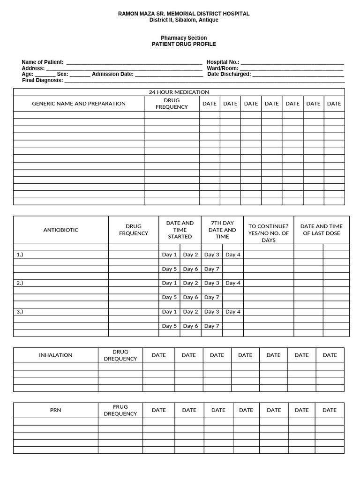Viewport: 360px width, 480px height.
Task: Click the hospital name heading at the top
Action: point(184,14)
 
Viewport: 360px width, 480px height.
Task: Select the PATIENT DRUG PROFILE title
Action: point(184,44)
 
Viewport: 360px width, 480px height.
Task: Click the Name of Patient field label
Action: point(43,62)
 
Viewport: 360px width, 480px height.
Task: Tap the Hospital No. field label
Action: point(223,62)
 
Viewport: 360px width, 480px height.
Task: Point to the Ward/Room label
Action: point(223,68)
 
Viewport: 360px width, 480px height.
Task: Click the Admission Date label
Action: point(112,74)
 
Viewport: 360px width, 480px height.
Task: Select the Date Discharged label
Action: point(229,74)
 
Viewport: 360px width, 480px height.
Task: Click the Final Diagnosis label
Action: point(43,80)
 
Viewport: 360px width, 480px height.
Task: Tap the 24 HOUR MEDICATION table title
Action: point(179,92)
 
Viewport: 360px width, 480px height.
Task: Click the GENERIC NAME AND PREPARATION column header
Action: point(79,104)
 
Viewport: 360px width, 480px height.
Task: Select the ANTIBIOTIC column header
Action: point(61,230)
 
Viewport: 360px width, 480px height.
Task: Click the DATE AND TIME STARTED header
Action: point(180,230)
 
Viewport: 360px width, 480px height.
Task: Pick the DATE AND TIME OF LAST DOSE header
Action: point(322,230)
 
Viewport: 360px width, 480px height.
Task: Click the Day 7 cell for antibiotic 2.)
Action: point(212,297)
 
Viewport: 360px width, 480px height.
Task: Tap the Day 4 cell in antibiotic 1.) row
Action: point(233,255)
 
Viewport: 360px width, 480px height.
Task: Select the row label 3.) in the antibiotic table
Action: point(20,311)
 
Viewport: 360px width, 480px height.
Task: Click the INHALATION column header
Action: point(56,355)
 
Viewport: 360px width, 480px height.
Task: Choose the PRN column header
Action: point(56,410)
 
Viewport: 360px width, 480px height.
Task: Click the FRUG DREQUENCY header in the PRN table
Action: point(120,410)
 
